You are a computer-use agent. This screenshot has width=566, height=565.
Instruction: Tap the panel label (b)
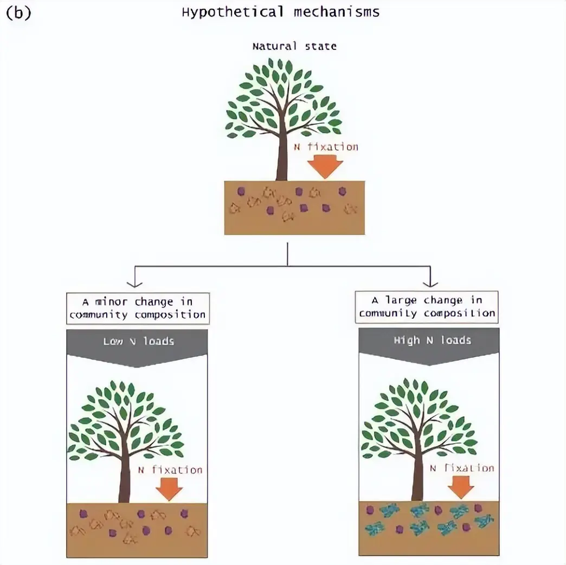pos(18,13)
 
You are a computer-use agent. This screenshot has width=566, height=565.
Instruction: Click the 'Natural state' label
pos(294,46)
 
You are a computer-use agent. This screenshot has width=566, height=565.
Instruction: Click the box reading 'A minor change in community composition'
pos(138,308)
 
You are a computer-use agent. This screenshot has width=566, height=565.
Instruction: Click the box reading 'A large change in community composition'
pos(427,307)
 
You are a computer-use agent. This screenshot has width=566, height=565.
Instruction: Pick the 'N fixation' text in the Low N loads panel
pos(170,470)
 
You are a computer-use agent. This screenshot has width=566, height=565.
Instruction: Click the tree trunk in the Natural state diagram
pos(281,157)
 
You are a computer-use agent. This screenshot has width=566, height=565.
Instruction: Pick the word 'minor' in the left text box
pos(111,301)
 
